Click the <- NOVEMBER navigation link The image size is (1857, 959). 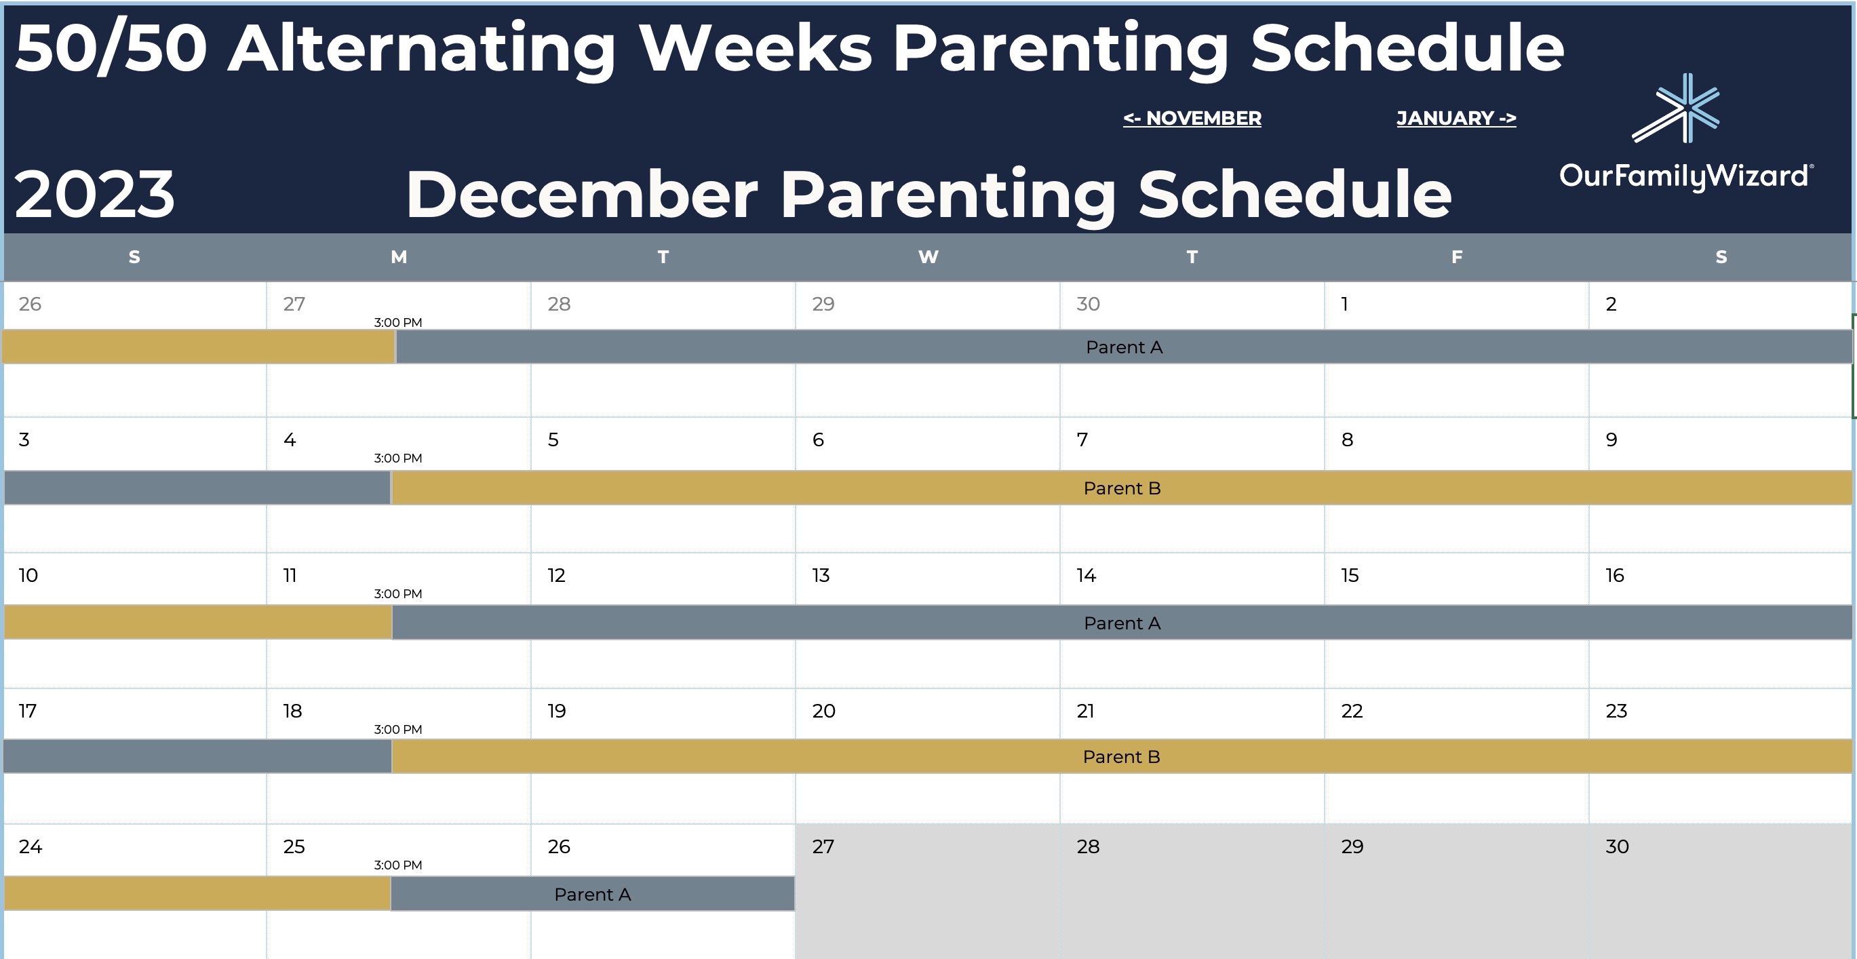point(1192,118)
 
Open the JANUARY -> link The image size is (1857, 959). point(1456,118)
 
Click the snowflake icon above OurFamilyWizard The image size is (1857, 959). point(1677,108)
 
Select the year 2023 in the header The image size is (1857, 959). point(94,194)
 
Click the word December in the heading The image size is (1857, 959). point(582,194)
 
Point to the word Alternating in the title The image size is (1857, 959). point(422,48)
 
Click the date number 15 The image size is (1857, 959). point(1350,575)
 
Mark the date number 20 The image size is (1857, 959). point(824,711)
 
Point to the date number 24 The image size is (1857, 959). point(31,846)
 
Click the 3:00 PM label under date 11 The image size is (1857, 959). point(398,594)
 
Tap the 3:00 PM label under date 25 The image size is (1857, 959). point(398,865)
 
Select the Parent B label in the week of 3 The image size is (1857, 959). point(1122,488)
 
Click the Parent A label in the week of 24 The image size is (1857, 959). point(593,894)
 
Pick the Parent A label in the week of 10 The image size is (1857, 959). point(1122,623)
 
